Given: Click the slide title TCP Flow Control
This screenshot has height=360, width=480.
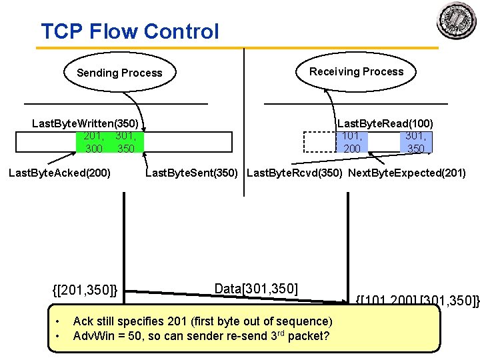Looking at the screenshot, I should [130, 31].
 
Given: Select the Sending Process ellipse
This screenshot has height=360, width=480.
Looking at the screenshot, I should [119, 73].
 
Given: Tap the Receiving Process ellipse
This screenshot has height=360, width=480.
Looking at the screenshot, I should [356, 71].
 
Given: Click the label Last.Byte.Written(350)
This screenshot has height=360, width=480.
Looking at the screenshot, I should [85, 124].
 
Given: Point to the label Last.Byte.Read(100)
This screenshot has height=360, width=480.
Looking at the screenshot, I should [385, 123].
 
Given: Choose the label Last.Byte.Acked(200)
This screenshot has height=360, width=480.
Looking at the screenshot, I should [59, 173].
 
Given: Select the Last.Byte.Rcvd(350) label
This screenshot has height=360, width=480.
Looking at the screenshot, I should [295, 173].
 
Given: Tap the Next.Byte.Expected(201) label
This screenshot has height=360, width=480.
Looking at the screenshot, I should [407, 173].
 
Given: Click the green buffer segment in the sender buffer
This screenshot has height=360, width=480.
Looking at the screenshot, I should [110, 142].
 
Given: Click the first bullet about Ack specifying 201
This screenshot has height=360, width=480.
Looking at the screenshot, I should [202, 321].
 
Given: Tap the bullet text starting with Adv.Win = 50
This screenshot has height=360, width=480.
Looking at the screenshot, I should [201, 335].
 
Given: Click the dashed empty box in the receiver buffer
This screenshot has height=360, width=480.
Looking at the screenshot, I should [321, 142].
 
